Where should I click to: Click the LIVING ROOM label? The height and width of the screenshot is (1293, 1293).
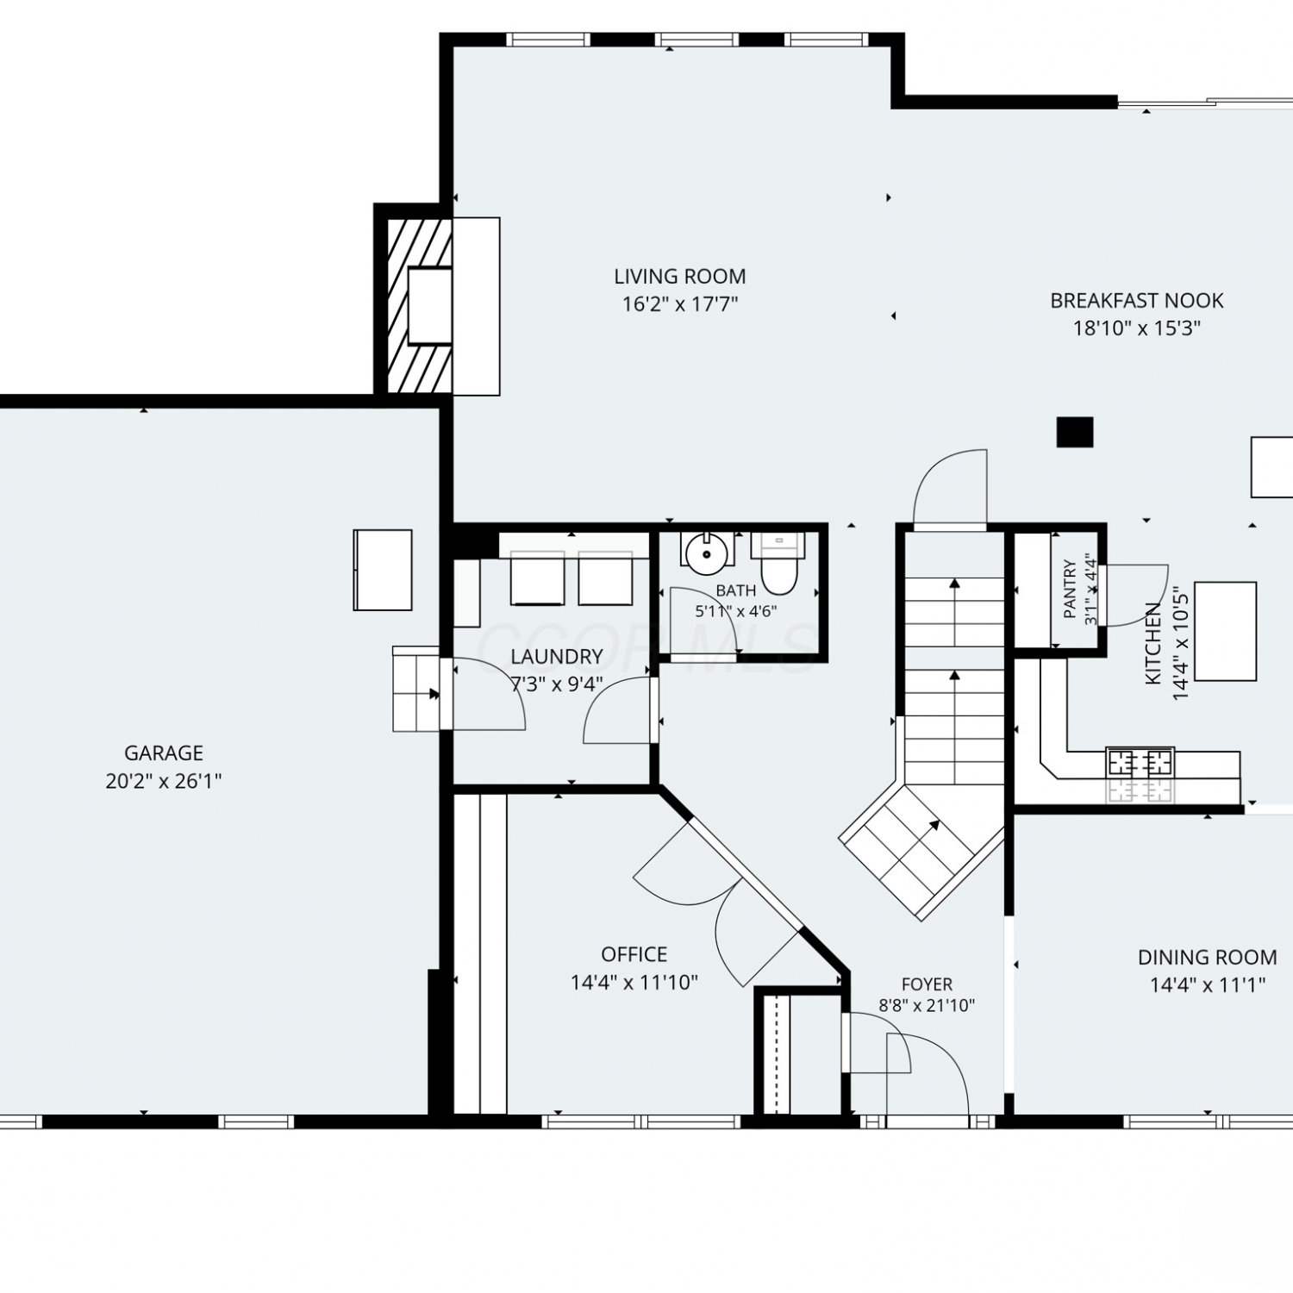679,277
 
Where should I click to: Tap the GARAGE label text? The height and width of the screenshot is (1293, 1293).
164,753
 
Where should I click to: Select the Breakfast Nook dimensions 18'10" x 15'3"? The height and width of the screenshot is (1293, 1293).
1136,328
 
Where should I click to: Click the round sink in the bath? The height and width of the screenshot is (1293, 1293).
707,553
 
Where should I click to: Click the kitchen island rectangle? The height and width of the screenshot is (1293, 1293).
1225,631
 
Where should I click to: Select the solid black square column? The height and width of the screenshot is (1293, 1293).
1075,432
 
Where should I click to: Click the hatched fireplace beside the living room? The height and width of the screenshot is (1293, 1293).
419,306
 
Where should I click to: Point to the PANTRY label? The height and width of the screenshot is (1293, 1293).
1070,590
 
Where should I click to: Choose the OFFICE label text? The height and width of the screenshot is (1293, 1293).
634,954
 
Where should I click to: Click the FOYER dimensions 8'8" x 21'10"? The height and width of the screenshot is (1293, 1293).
927,1005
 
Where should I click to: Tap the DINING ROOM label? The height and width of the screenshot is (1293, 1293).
1207,957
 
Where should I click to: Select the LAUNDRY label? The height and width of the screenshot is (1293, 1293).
556,657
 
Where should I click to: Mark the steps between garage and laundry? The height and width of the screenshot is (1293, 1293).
416,690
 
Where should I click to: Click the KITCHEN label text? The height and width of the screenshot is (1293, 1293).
1152,644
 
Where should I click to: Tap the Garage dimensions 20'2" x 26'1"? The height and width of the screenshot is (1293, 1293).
164,782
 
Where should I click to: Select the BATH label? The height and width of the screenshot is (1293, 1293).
736,590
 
